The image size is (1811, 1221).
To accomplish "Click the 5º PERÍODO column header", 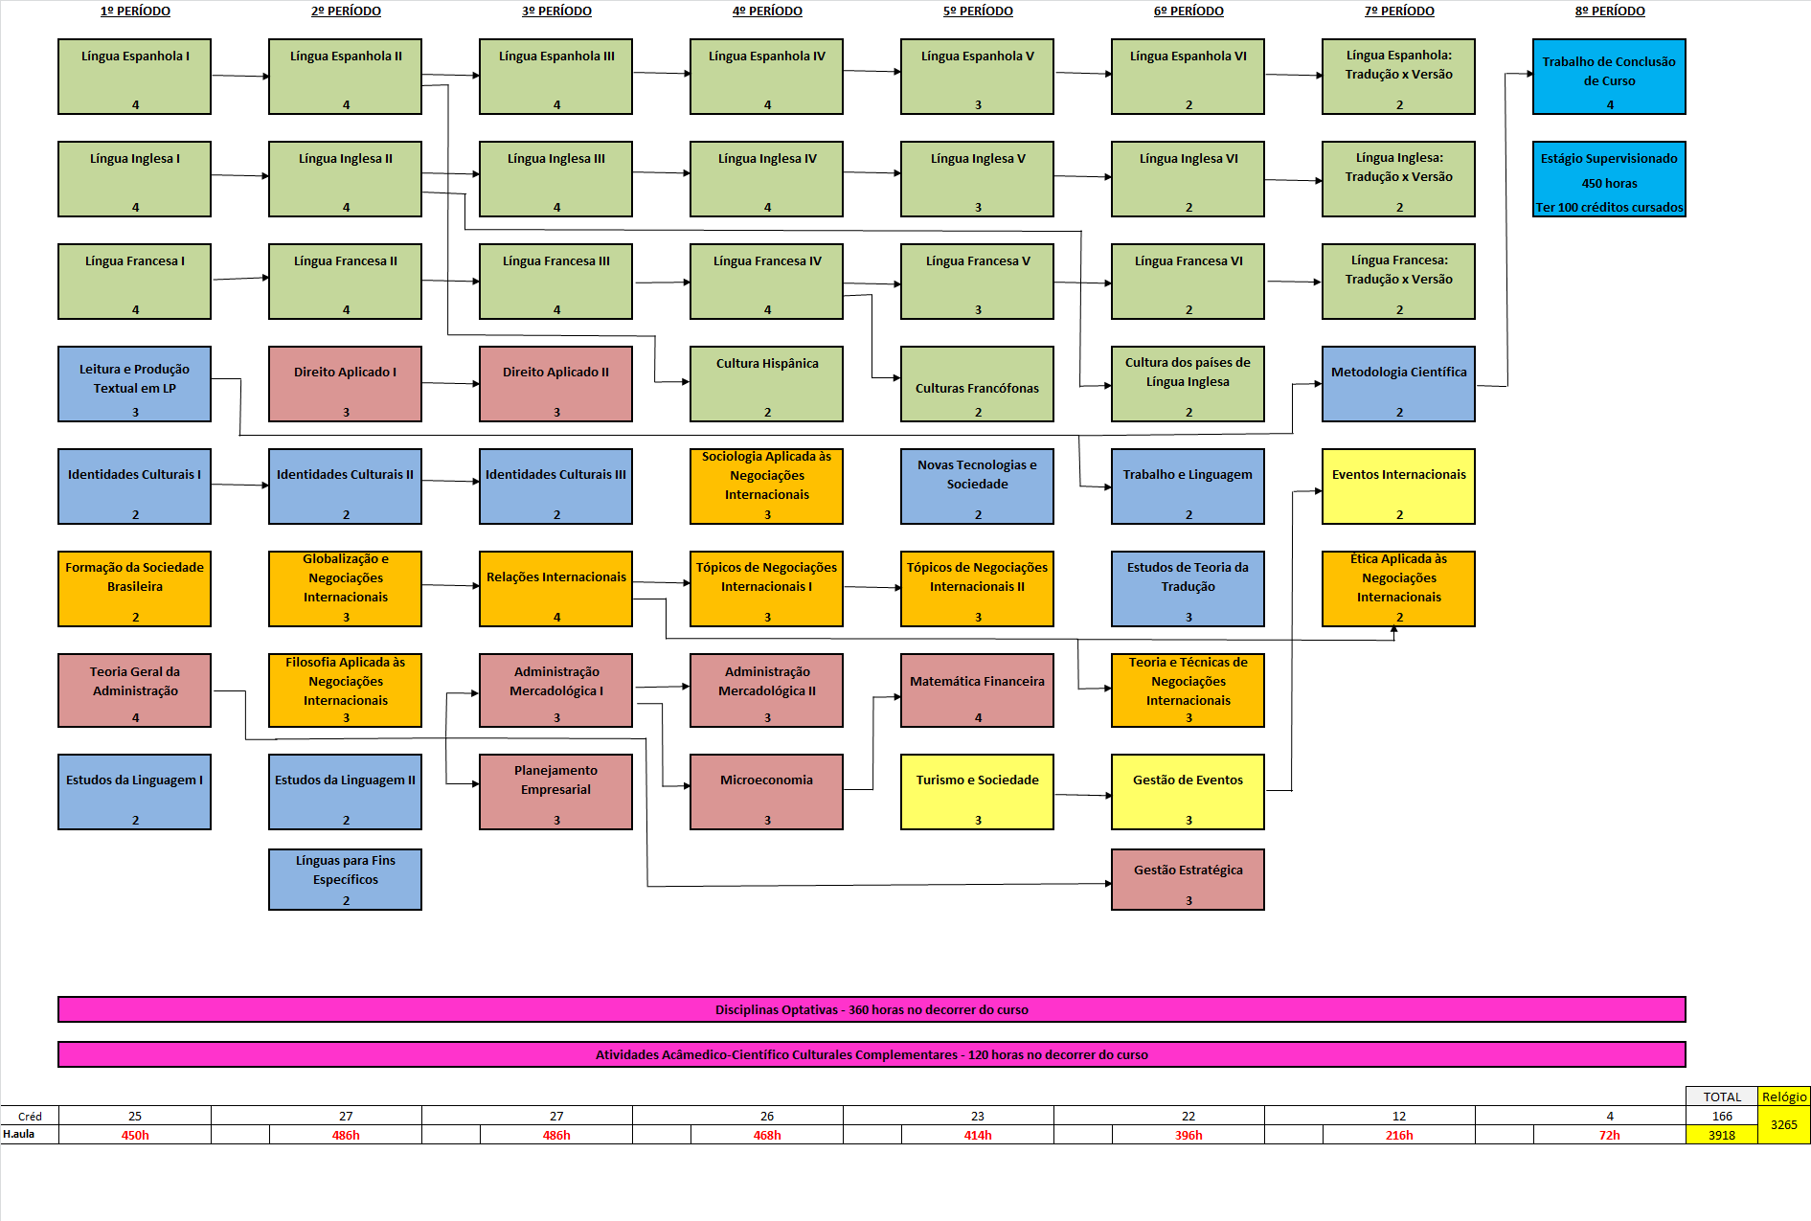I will click(x=978, y=11).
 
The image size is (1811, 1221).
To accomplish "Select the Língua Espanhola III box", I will click(x=555, y=77).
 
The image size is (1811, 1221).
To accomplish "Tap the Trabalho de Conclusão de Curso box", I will click(x=1609, y=77).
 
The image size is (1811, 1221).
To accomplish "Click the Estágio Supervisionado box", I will click(x=1609, y=179).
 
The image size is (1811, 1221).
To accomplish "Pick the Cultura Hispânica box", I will click(x=766, y=384).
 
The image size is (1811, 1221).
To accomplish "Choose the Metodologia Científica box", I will click(x=1398, y=384).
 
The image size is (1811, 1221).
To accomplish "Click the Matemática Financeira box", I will click(x=977, y=690).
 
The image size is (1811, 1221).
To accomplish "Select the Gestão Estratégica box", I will click(x=1188, y=879).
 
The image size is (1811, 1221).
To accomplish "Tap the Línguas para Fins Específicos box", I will click(x=345, y=879).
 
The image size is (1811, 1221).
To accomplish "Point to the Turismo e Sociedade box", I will click(x=977, y=792).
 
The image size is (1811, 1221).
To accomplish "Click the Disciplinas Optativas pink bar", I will click(x=872, y=1009).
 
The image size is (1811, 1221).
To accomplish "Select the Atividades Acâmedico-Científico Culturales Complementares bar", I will click(x=872, y=1054).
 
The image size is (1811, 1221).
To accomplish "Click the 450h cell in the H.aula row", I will click(x=135, y=1135).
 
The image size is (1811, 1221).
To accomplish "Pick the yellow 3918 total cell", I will click(x=1722, y=1135).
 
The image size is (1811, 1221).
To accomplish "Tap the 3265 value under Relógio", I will click(x=1784, y=1125).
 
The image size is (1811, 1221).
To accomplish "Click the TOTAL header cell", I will click(x=1722, y=1097).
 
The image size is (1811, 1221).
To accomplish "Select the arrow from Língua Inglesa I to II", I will click(x=239, y=175).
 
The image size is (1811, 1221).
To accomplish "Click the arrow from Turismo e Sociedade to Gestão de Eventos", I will click(x=1082, y=794).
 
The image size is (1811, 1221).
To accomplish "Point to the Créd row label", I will click(x=30, y=1117).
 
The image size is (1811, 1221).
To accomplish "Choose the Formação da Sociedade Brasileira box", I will click(x=134, y=589).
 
